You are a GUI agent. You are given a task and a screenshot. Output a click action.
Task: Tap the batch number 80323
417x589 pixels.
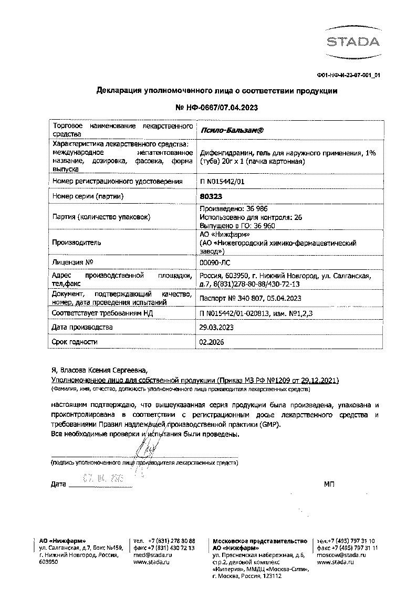(211, 196)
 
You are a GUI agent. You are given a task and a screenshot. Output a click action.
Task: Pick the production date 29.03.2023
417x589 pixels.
(217, 327)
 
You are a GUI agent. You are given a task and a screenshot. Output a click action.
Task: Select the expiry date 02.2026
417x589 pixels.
(212, 342)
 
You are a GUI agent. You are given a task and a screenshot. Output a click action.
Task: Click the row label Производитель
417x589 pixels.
(77, 243)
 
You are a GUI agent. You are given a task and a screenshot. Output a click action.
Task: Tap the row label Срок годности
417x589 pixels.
(75, 342)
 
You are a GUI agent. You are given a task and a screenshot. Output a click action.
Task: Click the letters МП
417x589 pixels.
(330, 483)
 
